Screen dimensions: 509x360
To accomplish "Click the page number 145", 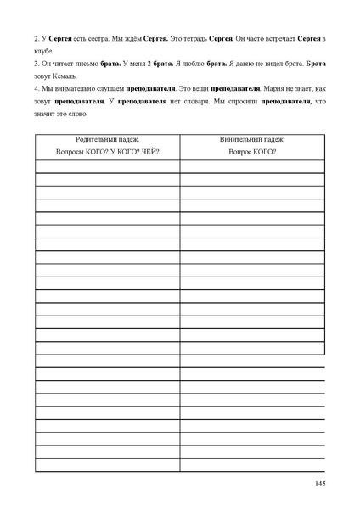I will [x=320, y=483].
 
